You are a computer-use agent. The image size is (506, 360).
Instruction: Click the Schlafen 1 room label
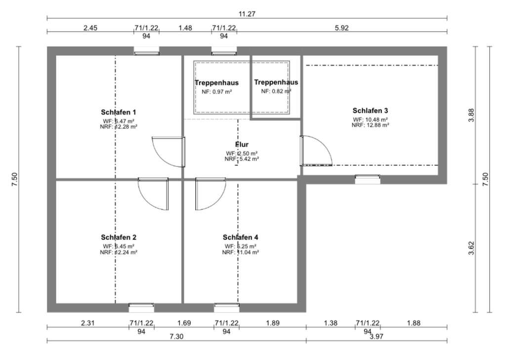[x=118, y=112]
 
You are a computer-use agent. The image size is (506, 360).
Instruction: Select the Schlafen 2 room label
[x=118, y=237]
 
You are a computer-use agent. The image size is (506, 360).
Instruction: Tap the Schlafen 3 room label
[x=370, y=110]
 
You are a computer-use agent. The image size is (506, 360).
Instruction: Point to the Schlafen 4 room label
[x=241, y=237]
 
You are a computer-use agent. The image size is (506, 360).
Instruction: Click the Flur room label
[x=242, y=144]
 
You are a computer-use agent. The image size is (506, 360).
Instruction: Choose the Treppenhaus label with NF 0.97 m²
[x=216, y=83]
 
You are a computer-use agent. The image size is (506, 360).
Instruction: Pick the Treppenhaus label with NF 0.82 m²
[x=276, y=82]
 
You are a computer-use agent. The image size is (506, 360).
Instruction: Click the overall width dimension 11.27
[x=247, y=14]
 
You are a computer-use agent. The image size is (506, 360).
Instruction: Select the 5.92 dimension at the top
[x=342, y=28]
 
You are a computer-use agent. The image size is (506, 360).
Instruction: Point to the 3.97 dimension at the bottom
[x=377, y=336]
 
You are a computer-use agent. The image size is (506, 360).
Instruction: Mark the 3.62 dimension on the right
[x=471, y=248]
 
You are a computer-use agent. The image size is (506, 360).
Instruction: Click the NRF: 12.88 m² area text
[x=370, y=125]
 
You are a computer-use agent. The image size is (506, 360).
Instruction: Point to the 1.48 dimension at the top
[x=185, y=28]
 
